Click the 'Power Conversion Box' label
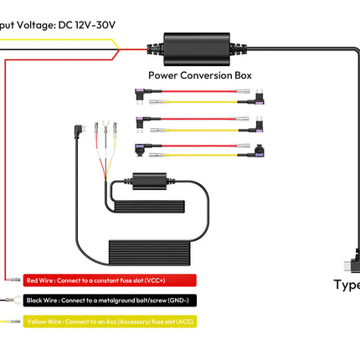pyautogui.click(x=199, y=75)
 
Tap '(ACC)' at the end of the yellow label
pyautogui.click(x=182, y=321)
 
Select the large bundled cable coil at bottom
pyautogui.click(x=160, y=251)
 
